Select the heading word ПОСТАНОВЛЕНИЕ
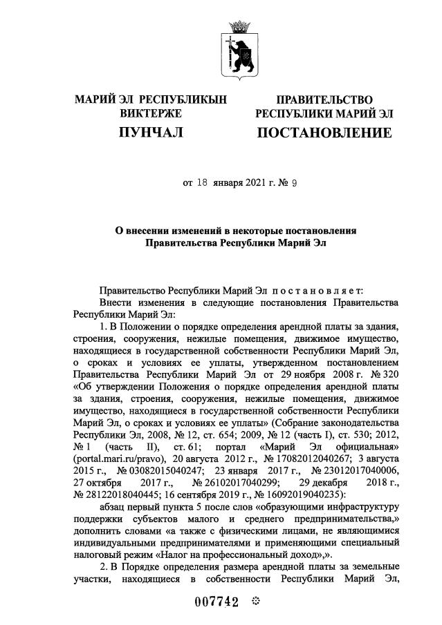[x=324, y=132]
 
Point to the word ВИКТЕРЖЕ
[x=151, y=113]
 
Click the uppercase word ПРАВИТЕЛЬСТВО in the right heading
[x=324, y=100]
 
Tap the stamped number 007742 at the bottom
[x=214, y=602]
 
